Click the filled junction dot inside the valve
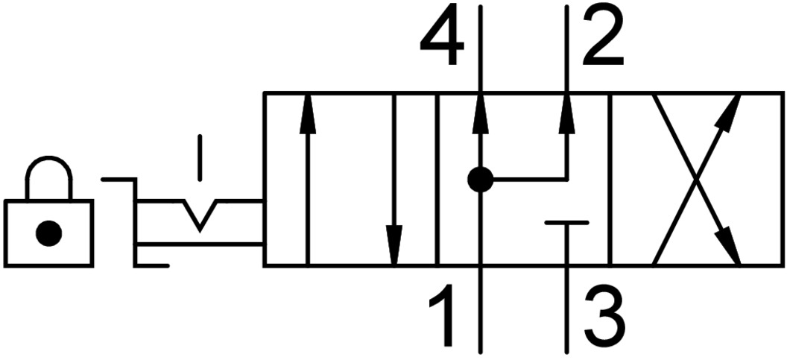481,179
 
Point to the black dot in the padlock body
48,234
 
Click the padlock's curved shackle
49,168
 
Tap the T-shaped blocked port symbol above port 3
566,222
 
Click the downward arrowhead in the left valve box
394,246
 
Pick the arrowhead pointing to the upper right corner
733,108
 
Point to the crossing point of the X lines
697,179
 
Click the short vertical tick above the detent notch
199,157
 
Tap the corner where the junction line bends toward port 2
567,179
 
